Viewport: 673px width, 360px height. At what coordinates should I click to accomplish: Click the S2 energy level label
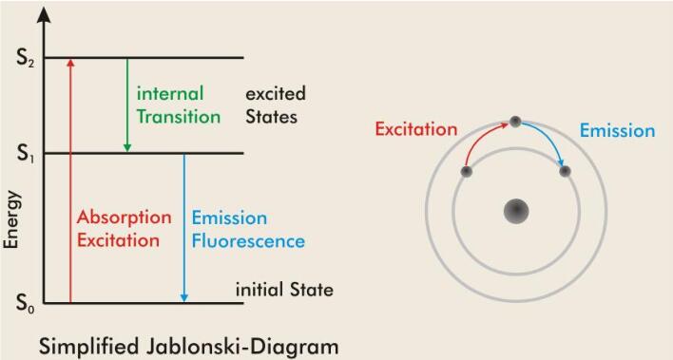coord(26,60)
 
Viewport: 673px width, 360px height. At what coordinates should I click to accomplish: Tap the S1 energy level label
coord(26,154)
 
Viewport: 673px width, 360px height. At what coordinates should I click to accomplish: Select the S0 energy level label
coord(26,304)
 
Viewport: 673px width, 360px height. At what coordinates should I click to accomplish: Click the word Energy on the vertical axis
coord(11,219)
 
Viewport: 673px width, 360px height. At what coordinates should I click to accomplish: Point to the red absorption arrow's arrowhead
coord(71,63)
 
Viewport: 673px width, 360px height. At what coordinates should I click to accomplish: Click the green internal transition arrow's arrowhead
coord(127,147)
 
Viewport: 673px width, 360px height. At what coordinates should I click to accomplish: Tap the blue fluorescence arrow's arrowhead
coord(184,297)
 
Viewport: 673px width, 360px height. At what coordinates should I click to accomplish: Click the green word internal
coord(170,93)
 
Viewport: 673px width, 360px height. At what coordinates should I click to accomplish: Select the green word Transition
coord(179,117)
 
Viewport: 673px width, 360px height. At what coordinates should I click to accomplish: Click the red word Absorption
coord(124,218)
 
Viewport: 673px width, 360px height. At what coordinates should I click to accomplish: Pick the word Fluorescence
coord(248,240)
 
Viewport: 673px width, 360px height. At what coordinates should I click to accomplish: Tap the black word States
coord(271,117)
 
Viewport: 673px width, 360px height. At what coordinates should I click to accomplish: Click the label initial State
coord(284,290)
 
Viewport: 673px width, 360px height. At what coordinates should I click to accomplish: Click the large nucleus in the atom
coord(516,211)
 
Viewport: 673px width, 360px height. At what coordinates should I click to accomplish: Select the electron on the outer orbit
coord(515,122)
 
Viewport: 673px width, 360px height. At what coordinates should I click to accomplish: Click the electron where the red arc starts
coord(466,172)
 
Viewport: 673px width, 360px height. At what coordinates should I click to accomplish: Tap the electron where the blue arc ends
coord(565,172)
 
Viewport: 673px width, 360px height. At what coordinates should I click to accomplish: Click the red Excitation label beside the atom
coord(416,129)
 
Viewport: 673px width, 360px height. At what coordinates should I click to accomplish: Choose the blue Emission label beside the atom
coord(618,130)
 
